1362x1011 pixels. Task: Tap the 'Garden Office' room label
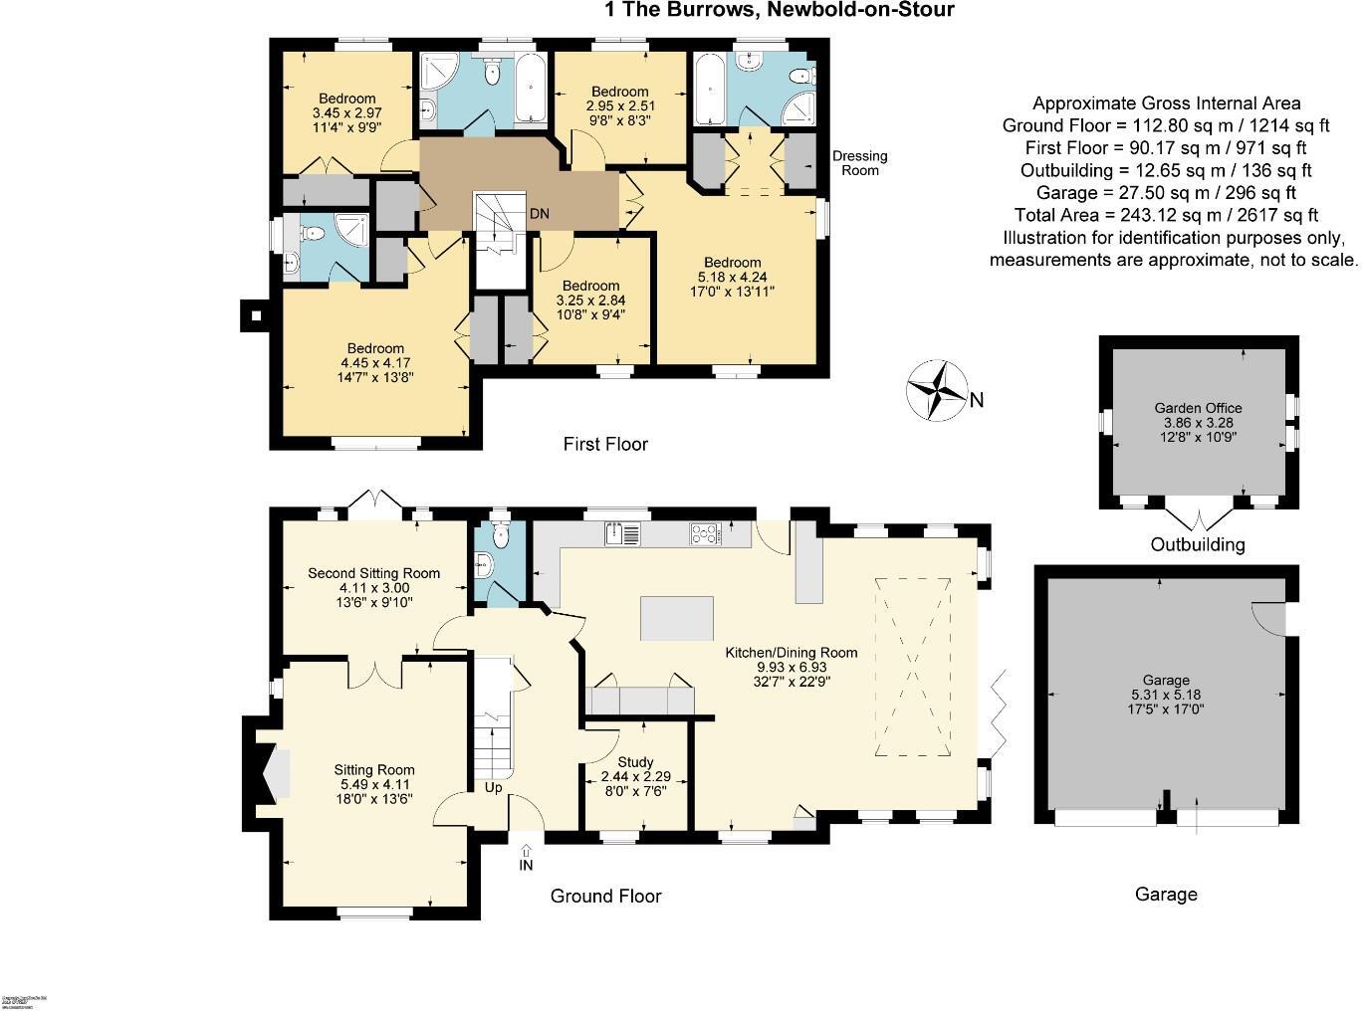[1198, 408]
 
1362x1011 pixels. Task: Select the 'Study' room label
[635, 762]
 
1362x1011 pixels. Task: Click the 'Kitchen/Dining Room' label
[791, 653]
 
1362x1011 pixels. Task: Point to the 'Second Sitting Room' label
[373, 573]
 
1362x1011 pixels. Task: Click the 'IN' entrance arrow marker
[526, 859]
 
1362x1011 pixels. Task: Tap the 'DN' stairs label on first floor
[539, 214]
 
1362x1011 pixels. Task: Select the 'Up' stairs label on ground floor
[493, 788]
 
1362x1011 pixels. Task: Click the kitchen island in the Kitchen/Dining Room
[677, 618]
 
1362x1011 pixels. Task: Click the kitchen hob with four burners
[706, 534]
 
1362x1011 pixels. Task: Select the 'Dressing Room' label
[859, 163]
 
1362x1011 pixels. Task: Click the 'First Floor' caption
[605, 444]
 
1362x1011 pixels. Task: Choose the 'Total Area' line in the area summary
[1166, 215]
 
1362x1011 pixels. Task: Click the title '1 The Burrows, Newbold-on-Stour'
[780, 11]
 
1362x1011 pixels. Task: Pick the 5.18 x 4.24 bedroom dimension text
[733, 278]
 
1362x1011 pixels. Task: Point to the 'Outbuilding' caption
[1198, 544]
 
